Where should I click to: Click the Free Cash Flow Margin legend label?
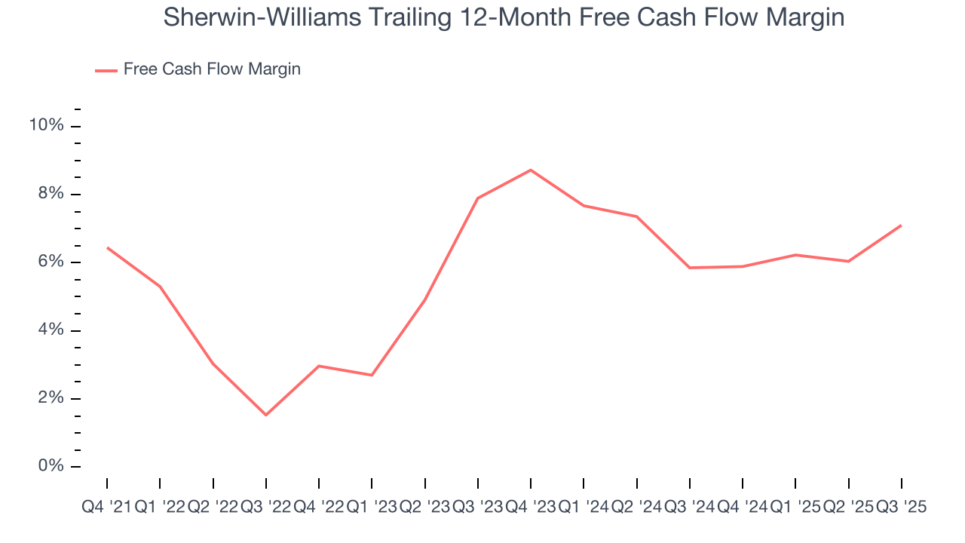(x=212, y=69)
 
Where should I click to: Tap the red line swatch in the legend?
(x=106, y=70)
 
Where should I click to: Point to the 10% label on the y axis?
(x=46, y=125)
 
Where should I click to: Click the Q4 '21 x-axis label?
(x=106, y=508)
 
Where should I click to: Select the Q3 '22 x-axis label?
(x=265, y=508)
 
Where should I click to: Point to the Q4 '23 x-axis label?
(x=530, y=508)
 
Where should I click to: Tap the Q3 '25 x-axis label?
(x=901, y=508)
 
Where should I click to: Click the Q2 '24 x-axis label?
(x=636, y=508)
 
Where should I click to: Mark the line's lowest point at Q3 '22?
(x=266, y=415)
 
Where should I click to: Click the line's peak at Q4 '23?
(x=531, y=170)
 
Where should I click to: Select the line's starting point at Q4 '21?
(x=107, y=247)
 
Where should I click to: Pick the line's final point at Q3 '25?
(x=901, y=225)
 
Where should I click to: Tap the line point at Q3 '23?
(x=478, y=198)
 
